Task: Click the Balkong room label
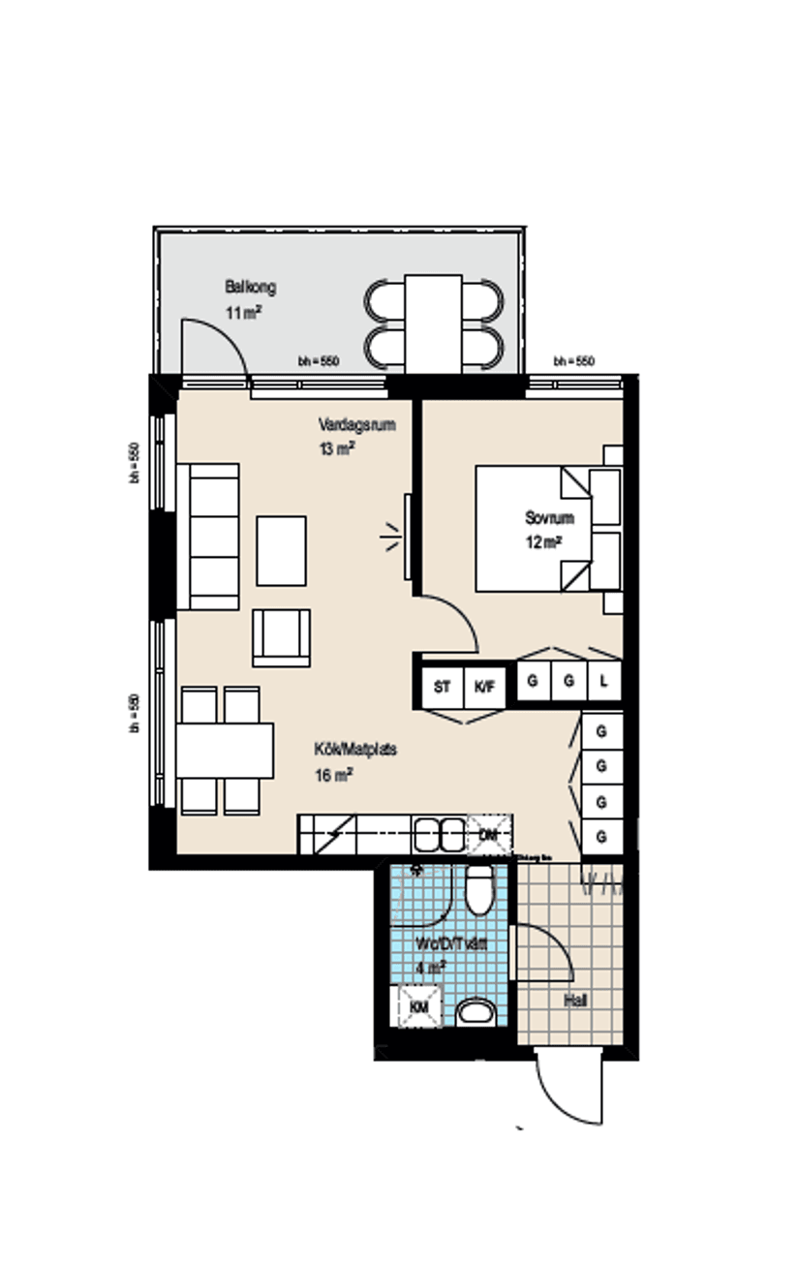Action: (251, 287)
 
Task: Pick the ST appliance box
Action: (443, 687)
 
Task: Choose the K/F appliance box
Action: (484, 687)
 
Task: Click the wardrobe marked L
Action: (603, 681)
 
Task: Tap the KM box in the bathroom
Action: (419, 1007)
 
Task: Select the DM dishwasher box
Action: (489, 834)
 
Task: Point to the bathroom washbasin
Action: (476, 1013)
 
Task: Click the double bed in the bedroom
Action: (533, 529)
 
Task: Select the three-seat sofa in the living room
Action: (208, 536)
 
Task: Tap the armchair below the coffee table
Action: (281, 637)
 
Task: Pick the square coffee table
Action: (281, 550)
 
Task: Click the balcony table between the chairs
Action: (433, 323)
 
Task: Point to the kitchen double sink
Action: (441, 833)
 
